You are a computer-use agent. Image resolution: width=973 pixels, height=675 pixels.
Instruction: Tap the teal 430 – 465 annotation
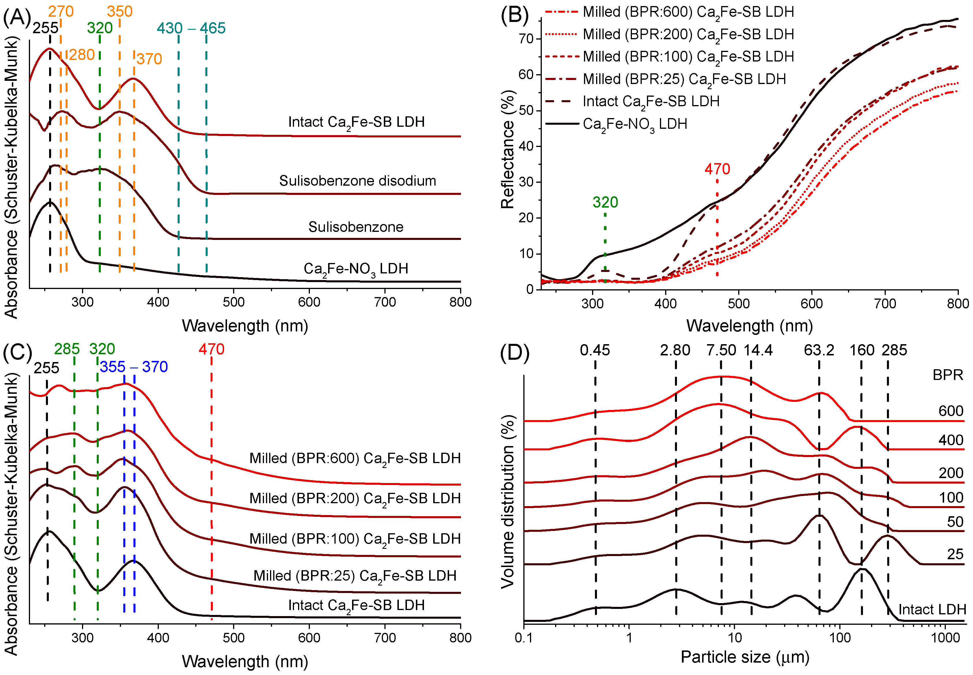point(191,28)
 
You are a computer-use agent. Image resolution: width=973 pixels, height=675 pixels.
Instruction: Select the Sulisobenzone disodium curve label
point(358,181)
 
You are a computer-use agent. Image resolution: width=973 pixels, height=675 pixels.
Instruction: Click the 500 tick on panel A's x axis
point(234,302)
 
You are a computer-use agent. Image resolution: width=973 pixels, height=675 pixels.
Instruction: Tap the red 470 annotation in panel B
point(717,169)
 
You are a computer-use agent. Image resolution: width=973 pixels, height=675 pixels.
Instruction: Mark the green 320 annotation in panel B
point(605,202)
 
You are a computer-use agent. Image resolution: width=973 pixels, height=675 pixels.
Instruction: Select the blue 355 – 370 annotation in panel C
point(134,367)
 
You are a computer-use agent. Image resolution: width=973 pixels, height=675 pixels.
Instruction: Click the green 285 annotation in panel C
point(67,349)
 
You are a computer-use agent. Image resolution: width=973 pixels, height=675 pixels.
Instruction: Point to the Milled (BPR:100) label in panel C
point(354,539)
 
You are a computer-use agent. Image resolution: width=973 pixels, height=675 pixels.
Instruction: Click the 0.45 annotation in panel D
point(595,350)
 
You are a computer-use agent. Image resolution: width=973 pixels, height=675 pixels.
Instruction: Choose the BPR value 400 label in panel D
point(950,440)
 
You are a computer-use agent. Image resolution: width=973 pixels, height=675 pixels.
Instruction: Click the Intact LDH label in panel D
point(932,609)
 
